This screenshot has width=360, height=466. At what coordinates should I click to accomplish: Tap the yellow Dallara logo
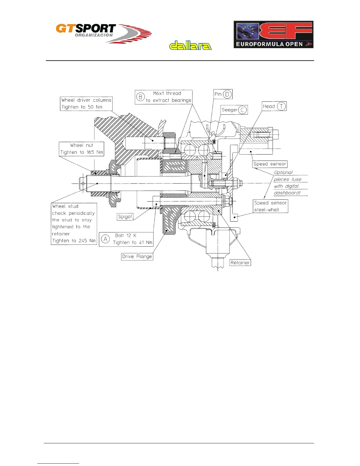[190, 46]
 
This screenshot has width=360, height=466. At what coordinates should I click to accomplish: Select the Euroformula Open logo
[273, 34]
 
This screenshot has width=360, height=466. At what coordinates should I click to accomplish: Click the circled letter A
[105, 239]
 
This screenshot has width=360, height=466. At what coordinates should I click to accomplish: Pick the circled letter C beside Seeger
[242, 110]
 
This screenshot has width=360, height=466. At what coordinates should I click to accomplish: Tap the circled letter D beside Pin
[227, 94]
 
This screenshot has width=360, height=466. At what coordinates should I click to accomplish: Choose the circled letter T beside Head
[281, 106]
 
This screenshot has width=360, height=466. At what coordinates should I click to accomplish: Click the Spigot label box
[125, 217]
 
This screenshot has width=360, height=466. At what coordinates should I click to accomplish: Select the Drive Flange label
[137, 257]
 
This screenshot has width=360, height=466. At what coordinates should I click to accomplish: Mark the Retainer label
[240, 263]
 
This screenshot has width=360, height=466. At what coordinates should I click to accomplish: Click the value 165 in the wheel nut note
[90, 152]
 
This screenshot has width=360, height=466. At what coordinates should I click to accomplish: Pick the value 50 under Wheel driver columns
[91, 107]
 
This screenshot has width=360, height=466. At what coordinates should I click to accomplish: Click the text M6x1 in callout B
[159, 94]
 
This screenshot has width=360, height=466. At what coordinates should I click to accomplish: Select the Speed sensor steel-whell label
[270, 206]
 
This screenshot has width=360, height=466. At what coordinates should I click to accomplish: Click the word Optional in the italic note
[283, 172]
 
